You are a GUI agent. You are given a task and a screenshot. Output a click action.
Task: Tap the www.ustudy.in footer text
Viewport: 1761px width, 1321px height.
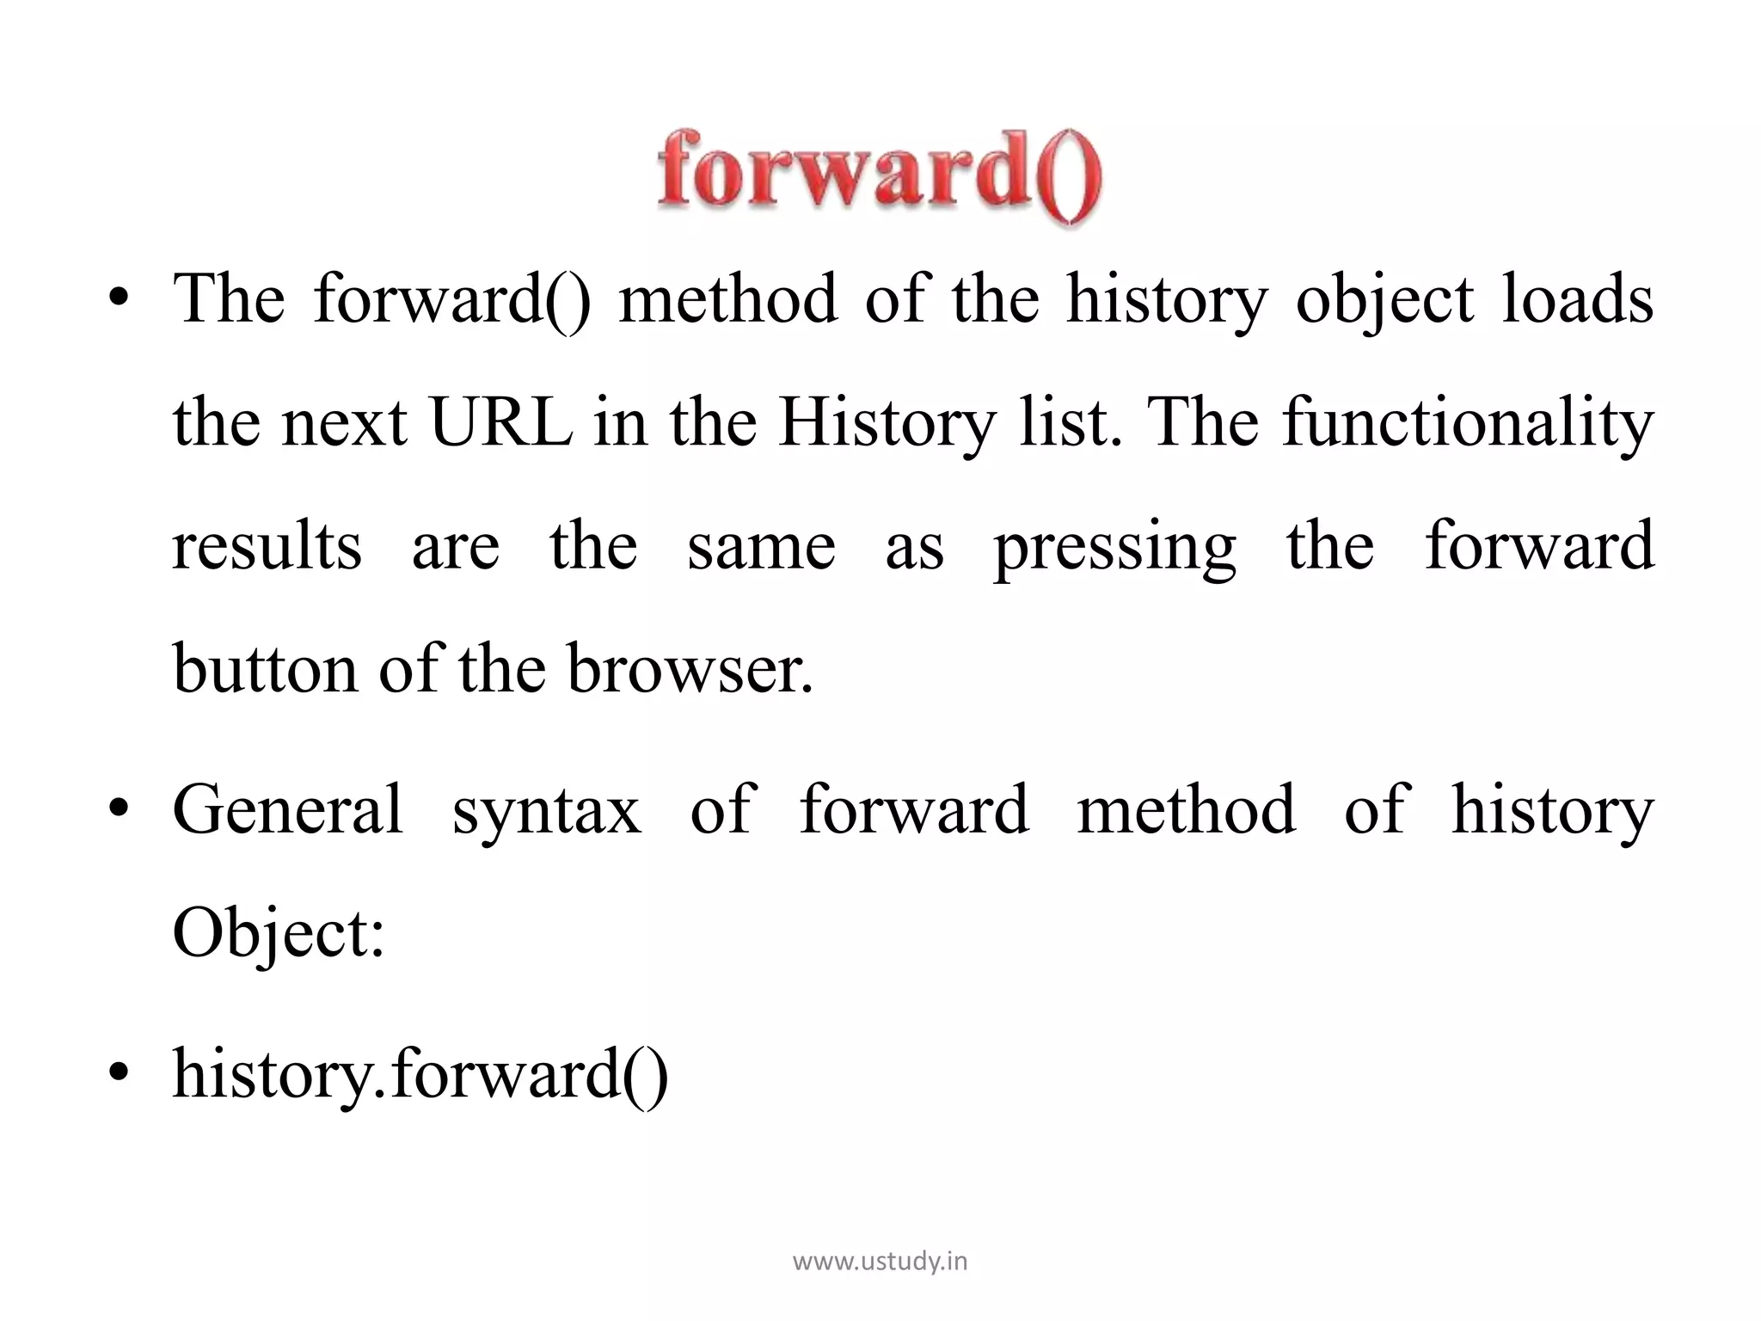tap(880, 1262)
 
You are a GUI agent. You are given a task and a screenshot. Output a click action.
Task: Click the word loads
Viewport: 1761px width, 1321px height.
tap(1578, 299)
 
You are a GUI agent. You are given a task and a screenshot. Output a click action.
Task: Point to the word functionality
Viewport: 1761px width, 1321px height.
tap(1468, 423)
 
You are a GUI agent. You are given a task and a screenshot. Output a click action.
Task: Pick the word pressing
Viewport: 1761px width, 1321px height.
tap(1115, 547)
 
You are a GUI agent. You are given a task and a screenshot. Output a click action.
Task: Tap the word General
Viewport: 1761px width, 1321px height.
tap(288, 809)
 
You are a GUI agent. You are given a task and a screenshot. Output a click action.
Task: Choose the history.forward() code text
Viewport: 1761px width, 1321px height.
tap(420, 1074)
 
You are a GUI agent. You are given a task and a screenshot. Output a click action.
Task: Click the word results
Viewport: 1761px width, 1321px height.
tap(267, 547)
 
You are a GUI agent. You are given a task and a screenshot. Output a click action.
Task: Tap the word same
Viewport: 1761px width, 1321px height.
tap(761, 547)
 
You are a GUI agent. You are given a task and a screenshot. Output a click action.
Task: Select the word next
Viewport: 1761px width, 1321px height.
tap(344, 423)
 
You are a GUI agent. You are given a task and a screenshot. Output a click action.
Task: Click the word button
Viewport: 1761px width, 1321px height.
tap(265, 670)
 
